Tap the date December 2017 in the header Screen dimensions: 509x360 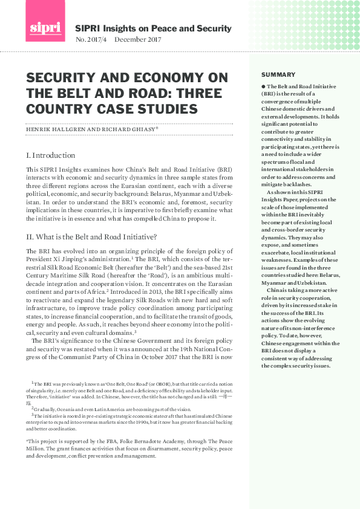pyautogui.click(x=138, y=40)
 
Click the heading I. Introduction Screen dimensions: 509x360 pyautogui.click(x=51, y=155)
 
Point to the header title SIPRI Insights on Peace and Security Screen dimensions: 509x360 pyautogui.click(x=153, y=28)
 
